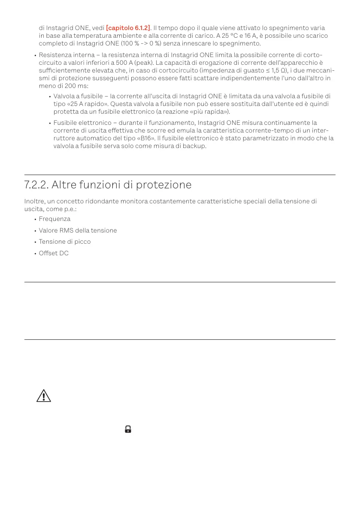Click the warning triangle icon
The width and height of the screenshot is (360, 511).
tap(43, 396)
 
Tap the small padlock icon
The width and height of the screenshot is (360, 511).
tap(128, 429)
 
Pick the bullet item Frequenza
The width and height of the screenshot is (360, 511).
tap(54, 219)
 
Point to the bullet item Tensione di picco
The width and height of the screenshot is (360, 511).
tap(65, 242)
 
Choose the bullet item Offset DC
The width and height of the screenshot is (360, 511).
tap(54, 254)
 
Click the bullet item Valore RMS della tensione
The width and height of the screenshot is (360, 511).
tap(78, 231)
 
